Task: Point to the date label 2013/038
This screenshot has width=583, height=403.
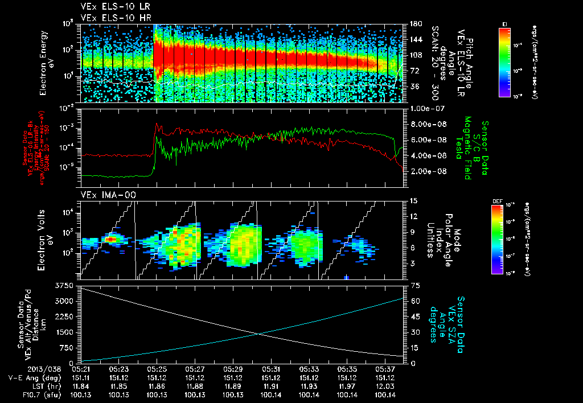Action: [22, 369]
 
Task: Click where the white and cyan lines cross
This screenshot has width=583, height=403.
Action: [259, 334]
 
